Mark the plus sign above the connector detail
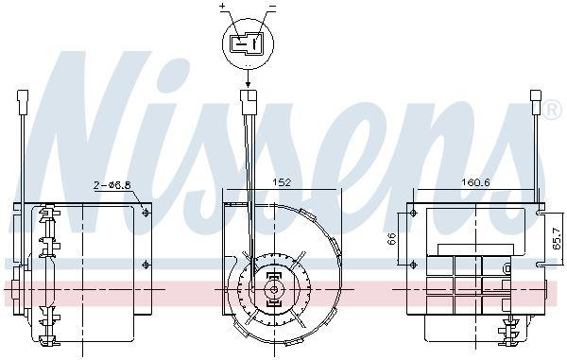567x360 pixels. (224, 7)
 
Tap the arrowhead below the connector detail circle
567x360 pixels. (248, 83)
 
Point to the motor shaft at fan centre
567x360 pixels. (272, 289)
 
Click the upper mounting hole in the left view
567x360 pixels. (145, 214)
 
